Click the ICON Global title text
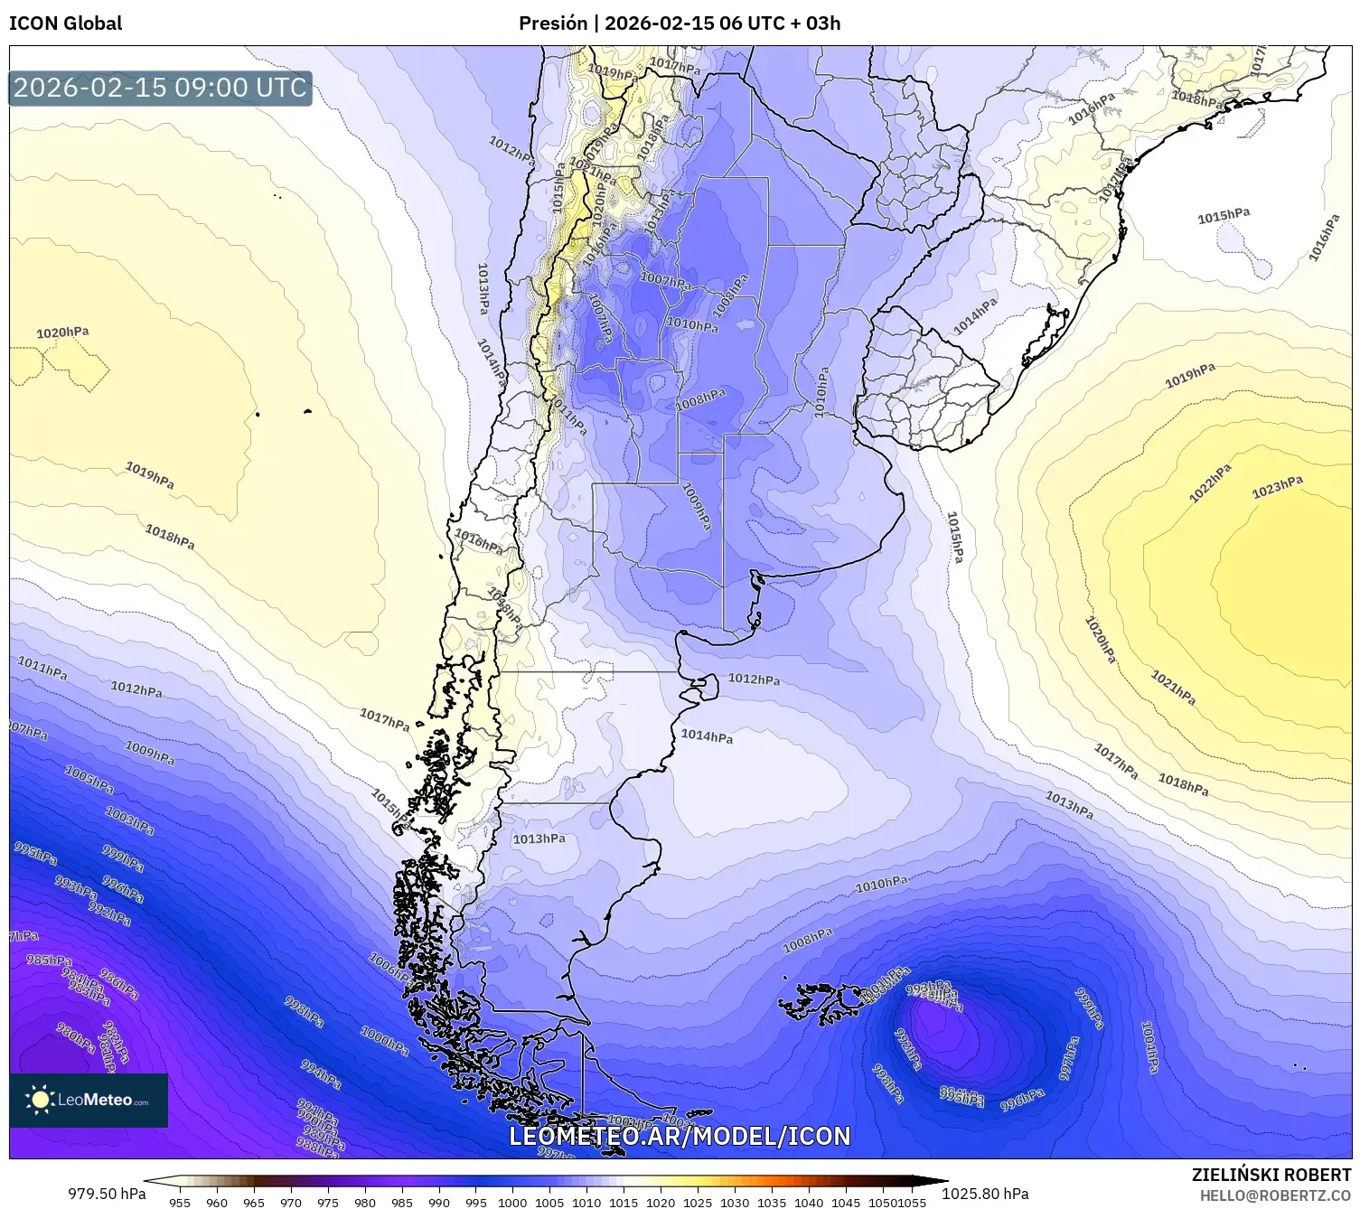tap(65, 23)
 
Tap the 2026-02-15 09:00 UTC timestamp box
tap(160, 88)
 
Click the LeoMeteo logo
tap(89, 1100)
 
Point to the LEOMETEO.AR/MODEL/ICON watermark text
tap(680, 1136)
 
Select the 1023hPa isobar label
tap(1277, 488)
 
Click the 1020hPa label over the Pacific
tap(62, 333)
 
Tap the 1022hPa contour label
tap(1209, 483)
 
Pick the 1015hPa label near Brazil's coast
tap(1224, 216)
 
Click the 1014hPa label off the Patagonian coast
tap(707, 736)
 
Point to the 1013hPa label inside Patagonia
tap(539, 839)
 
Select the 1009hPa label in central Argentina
tap(696, 506)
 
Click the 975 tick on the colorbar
tap(327, 1202)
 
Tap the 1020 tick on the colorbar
tap(660, 1202)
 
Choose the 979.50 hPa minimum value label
tap(107, 1194)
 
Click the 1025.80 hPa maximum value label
tap(985, 1194)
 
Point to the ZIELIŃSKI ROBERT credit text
tap(1271, 1175)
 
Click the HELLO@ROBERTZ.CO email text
tap(1275, 1195)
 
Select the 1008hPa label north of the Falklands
tap(807, 941)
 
